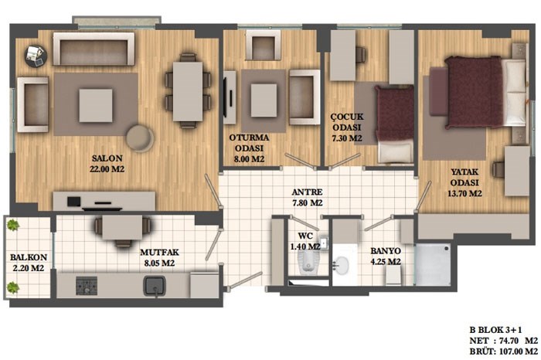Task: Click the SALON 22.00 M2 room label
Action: pyautogui.click(x=107, y=164)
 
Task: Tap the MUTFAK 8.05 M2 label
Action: pyautogui.click(x=159, y=257)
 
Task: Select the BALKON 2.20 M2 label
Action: pyautogui.click(x=29, y=263)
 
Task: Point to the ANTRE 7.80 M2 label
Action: pyautogui.click(x=307, y=197)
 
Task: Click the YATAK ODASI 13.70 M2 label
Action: pyautogui.click(x=464, y=182)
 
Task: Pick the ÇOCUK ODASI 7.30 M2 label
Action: pyautogui.click(x=347, y=127)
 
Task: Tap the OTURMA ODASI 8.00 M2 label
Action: pyautogui.click(x=249, y=148)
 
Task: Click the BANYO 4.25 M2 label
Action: pyautogui.click(x=386, y=256)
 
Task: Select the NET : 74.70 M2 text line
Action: pyautogui.click(x=503, y=341)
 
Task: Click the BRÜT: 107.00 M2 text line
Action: pyautogui.click(x=503, y=352)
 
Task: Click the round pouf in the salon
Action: pyautogui.click(x=140, y=138)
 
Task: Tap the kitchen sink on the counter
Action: pyautogui.click(x=155, y=287)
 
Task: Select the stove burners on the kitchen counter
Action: pyautogui.click(x=87, y=286)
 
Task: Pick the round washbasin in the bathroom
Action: pyautogui.click(x=342, y=265)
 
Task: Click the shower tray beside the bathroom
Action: pyautogui.click(x=433, y=265)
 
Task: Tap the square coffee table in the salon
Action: pyautogui.click(x=96, y=106)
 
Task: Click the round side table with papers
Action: pyautogui.click(x=36, y=56)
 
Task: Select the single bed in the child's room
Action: pyautogui.click(x=395, y=124)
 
